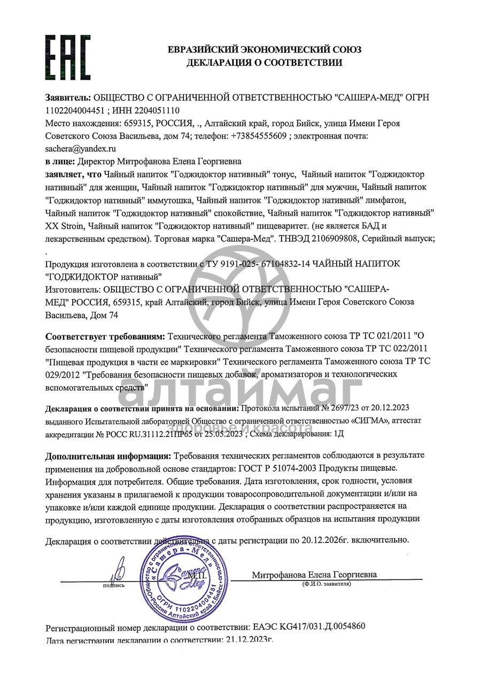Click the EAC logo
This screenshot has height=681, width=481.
pyautogui.click(x=68, y=57)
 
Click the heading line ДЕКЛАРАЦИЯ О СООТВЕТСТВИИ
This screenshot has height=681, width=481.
pyautogui.click(x=264, y=63)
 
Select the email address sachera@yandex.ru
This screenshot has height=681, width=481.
pyautogui.click(x=81, y=149)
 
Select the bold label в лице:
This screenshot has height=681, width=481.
pyautogui.click(x=60, y=161)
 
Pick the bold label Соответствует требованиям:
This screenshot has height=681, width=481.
pyautogui.click(x=105, y=336)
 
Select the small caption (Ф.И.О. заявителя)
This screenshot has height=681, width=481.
pyautogui.click(x=326, y=584)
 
